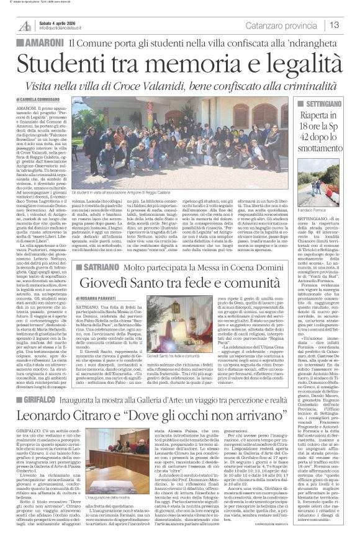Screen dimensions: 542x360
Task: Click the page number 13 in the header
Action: (334, 24)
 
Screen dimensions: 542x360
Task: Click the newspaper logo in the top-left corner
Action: (24, 25)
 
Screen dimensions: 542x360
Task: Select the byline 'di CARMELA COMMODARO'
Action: (47, 99)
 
